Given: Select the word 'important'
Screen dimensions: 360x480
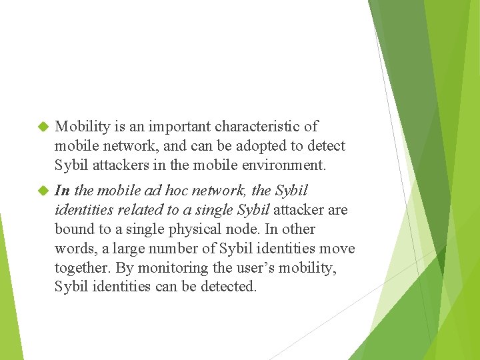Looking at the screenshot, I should (x=176, y=126).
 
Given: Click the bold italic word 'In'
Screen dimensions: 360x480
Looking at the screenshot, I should (x=62, y=190).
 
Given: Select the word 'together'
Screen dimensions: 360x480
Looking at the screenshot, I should (x=83, y=267).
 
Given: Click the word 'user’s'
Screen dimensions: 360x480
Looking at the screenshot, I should (x=249, y=267).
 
